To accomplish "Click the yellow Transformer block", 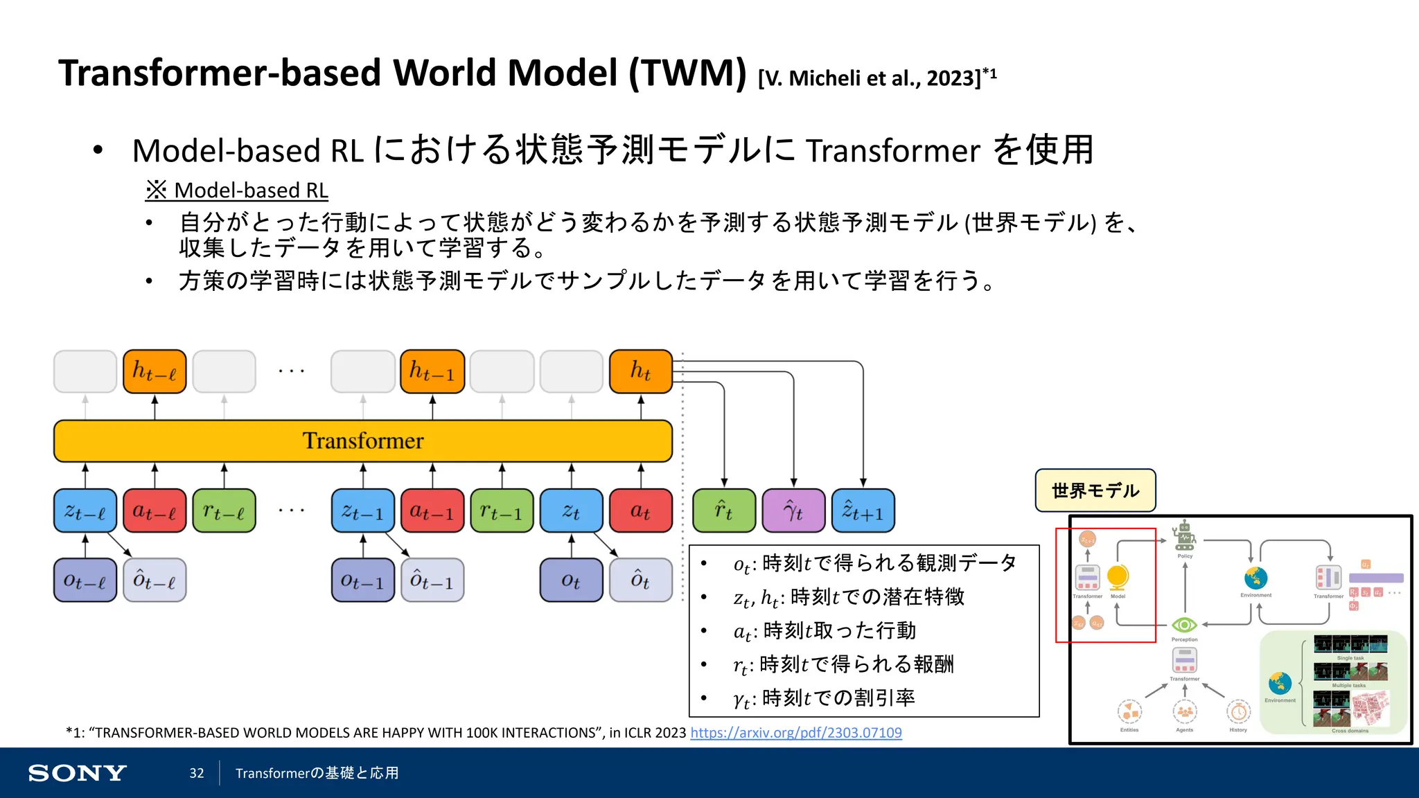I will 363,441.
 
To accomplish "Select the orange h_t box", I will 641,371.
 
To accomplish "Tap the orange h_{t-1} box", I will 432,371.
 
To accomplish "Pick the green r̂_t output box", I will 724,511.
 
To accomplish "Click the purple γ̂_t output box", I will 793,511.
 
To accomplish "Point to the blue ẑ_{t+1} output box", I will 863,511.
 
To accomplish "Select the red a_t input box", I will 641,511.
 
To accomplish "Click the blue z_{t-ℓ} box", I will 85,511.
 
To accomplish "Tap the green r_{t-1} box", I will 502,511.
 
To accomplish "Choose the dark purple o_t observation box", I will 571,580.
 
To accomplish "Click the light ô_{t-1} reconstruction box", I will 432,580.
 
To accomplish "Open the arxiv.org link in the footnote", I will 796,733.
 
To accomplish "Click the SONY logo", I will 77,773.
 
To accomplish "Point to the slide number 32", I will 197,773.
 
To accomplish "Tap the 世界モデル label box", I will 1095,490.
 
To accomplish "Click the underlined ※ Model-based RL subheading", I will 237,190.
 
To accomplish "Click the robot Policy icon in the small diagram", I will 1185,535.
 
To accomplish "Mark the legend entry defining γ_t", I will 825,698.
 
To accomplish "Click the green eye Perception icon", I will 1184,625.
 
